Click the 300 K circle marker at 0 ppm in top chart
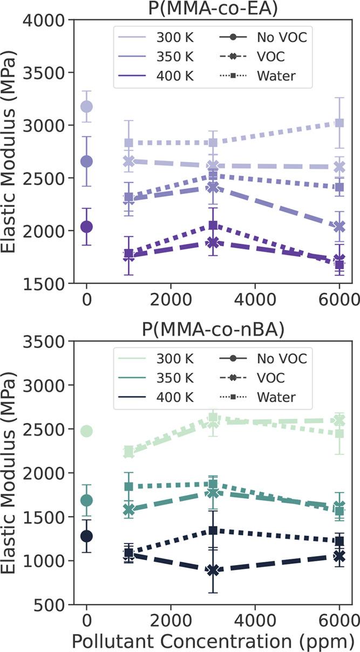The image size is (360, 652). (x=86, y=106)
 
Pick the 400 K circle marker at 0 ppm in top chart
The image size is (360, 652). (x=86, y=227)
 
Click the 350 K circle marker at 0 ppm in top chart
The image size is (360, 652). (x=86, y=161)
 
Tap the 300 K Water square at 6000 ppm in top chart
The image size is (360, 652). (x=339, y=123)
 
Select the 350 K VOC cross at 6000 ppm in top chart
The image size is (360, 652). (x=339, y=227)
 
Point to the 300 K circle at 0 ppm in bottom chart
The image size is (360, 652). (x=86, y=431)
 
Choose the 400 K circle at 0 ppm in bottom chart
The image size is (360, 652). (x=86, y=536)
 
